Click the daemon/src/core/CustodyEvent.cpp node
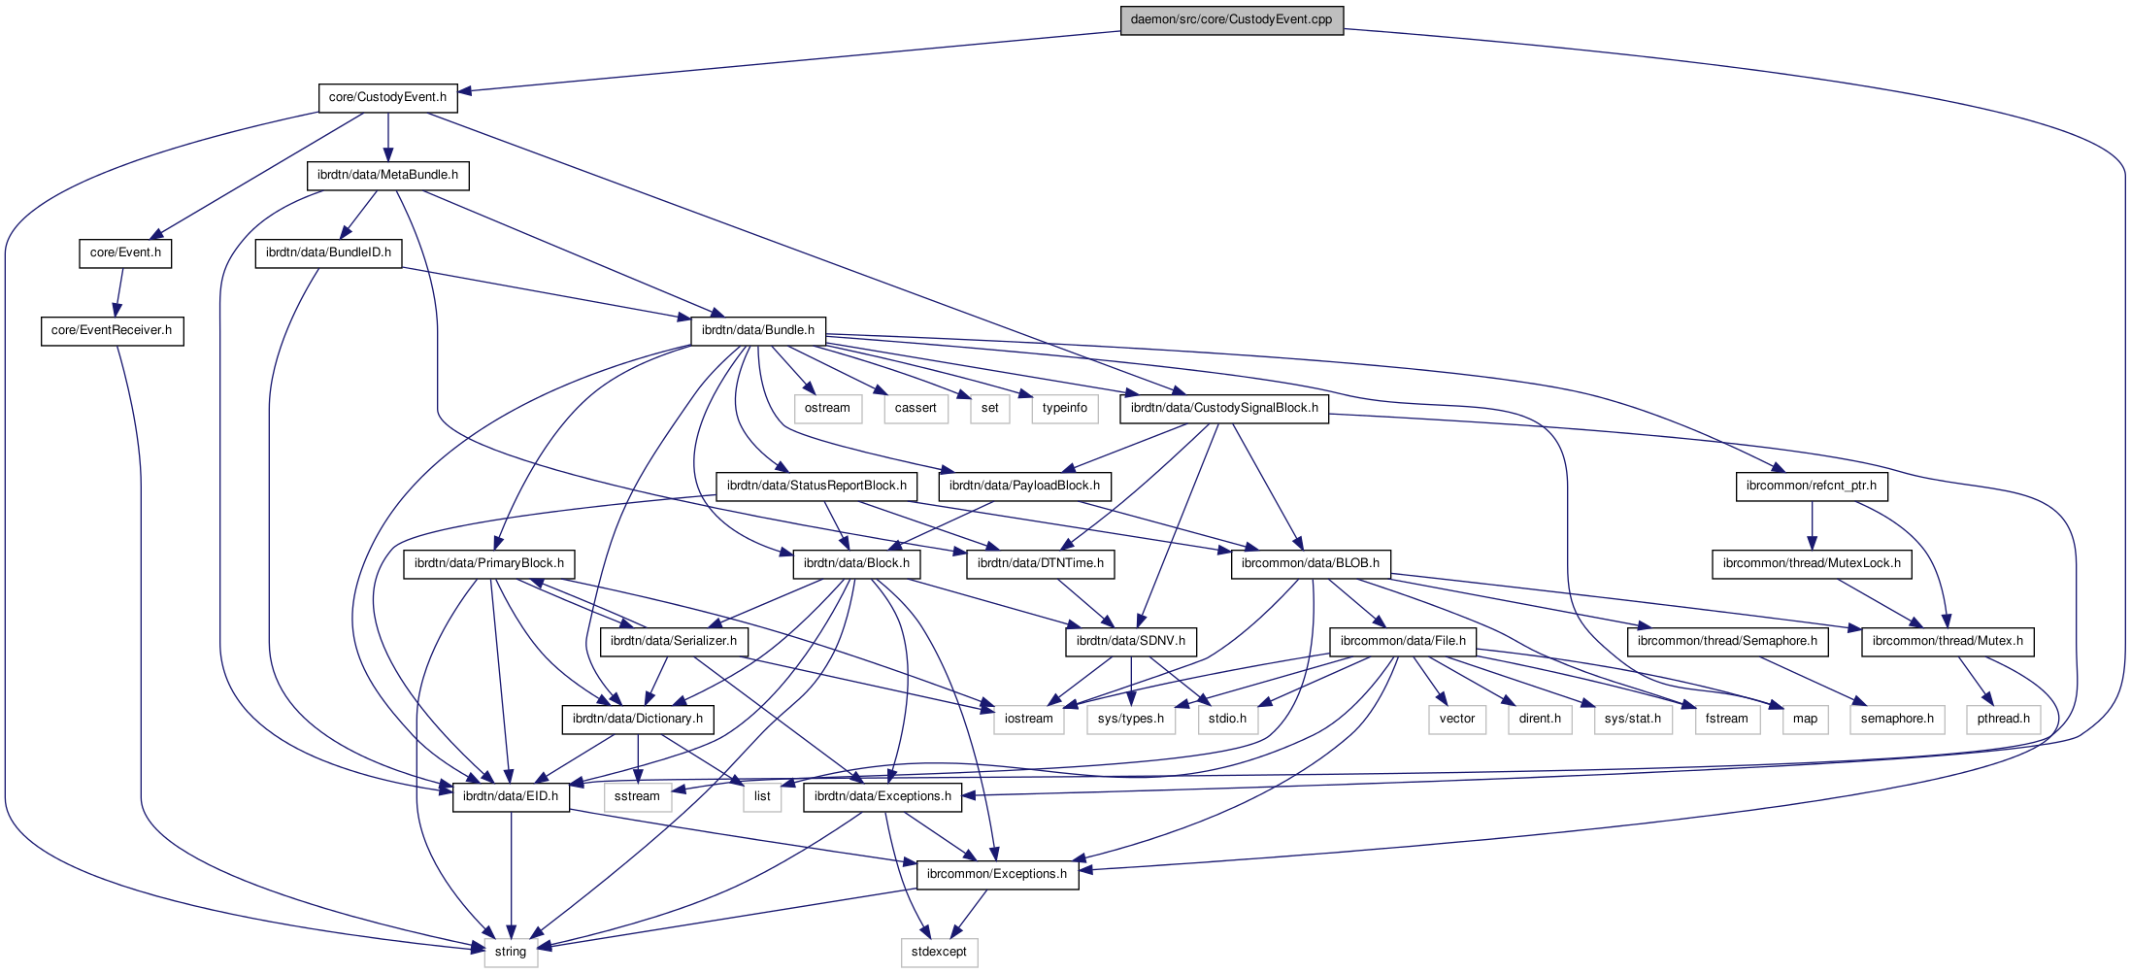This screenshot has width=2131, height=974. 1231,19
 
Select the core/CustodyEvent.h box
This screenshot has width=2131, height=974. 387,97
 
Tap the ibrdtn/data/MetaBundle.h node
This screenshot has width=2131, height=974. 387,175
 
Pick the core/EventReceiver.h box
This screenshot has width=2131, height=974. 112,330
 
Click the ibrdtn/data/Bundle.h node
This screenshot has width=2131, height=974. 757,330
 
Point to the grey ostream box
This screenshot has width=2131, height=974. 827,408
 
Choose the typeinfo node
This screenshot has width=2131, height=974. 1064,408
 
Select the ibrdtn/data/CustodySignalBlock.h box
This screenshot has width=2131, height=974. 1223,408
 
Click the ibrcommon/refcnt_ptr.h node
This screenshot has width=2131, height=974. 1811,486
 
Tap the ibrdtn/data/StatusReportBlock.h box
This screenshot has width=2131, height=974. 816,486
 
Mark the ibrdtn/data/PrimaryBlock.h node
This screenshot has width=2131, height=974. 488,563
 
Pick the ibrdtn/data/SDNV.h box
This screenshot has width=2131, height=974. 1130,641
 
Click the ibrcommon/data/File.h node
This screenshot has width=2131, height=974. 1402,641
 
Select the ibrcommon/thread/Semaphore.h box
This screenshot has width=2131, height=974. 1727,641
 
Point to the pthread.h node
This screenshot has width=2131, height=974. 2003,719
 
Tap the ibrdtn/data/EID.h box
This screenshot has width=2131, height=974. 511,796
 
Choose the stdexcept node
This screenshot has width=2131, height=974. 939,952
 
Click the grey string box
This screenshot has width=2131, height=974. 511,952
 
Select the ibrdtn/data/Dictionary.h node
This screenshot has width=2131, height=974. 638,719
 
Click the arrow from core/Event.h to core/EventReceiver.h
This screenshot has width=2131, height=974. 119,291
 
